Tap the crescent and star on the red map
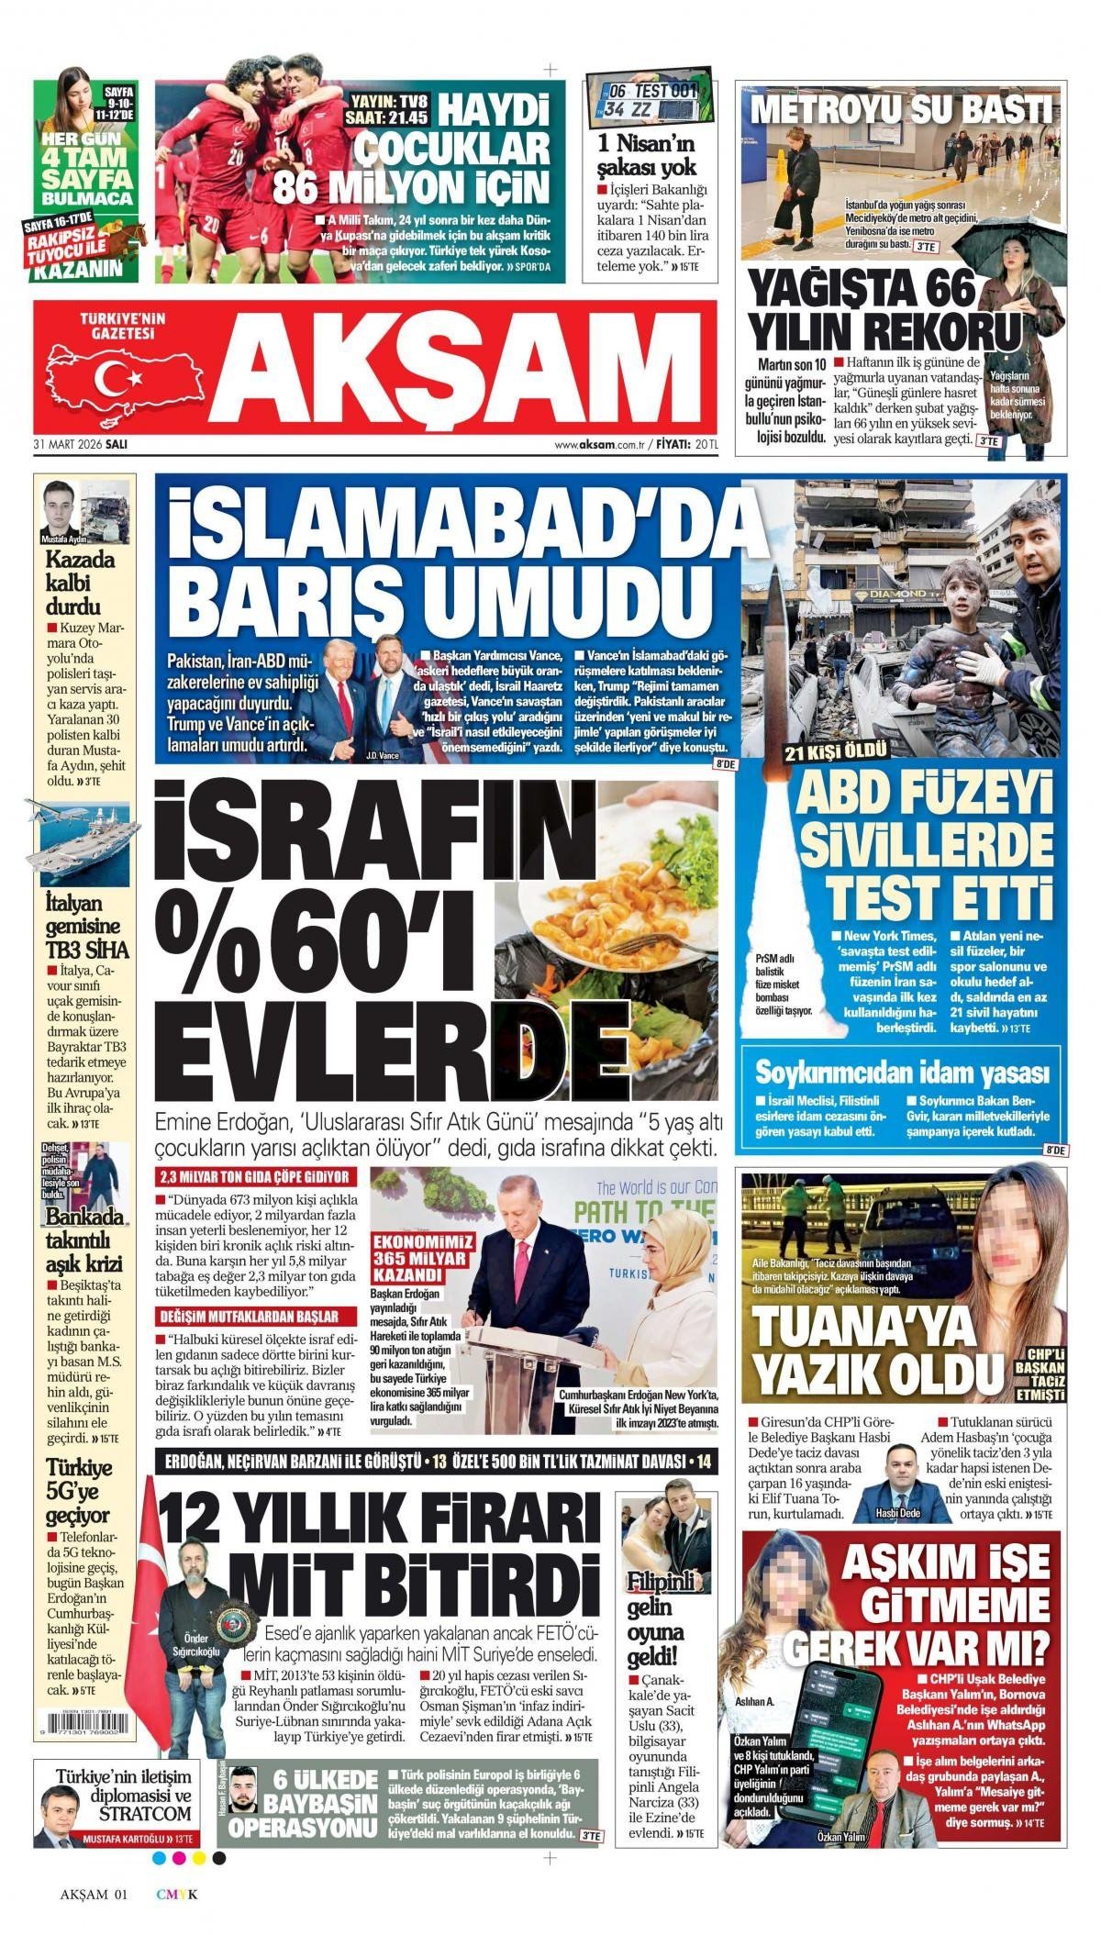point(120,376)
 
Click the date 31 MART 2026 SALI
point(80,443)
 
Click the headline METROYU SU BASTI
point(901,109)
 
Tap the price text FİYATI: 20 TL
point(687,444)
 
